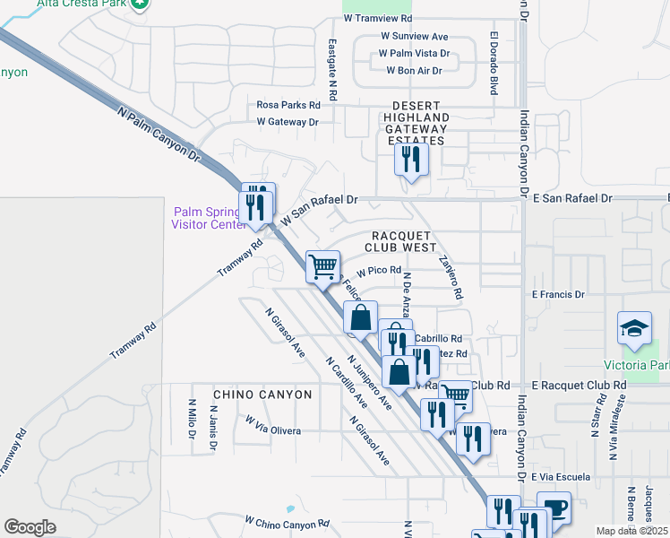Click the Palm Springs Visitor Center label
(x=208, y=218)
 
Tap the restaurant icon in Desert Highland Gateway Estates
(x=411, y=160)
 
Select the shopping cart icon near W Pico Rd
(x=322, y=265)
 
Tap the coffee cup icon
(x=554, y=508)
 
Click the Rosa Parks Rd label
(x=288, y=105)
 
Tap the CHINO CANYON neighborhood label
(x=262, y=395)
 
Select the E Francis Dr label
(x=557, y=294)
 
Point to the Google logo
(x=30, y=526)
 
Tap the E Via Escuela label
(x=563, y=477)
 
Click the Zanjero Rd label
(x=450, y=278)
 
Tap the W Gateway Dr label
(x=288, y=121)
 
